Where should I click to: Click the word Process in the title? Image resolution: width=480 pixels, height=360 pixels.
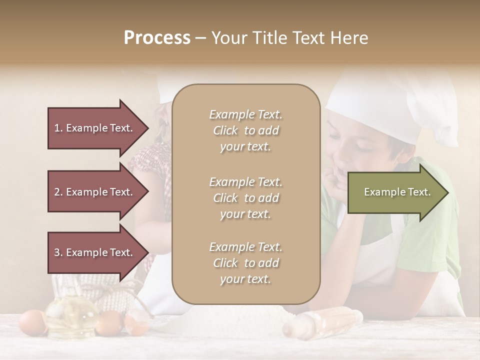pos(157,38)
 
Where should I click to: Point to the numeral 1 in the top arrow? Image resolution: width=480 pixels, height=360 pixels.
pos(57,128)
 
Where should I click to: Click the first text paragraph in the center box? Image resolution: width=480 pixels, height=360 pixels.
pos(245,130)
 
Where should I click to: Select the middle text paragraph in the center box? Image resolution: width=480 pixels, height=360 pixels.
pos(245,197)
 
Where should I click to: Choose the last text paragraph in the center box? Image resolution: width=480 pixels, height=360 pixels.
pos(245,263)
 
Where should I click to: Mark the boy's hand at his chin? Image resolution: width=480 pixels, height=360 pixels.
pos(333,180)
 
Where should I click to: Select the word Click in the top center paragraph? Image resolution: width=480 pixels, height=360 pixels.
pos(225,130)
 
